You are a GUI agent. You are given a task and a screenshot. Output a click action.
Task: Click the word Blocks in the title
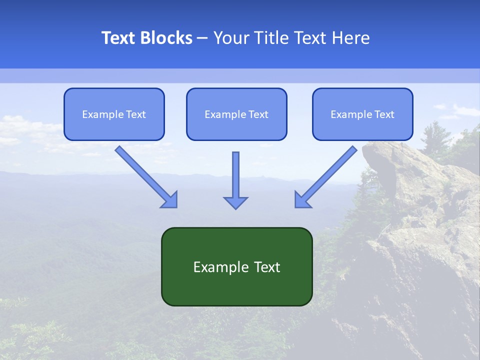point(167,38)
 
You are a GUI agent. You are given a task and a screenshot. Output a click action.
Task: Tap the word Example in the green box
point(214,267)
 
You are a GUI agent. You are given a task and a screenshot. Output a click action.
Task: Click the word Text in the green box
point(267,267)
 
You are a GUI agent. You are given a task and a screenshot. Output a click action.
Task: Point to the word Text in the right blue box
point(384,114)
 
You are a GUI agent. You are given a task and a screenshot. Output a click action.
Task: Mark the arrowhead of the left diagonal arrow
point(170,199)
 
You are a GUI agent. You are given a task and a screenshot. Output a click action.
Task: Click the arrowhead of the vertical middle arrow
point(235,201)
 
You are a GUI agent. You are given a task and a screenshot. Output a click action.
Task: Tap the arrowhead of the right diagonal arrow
point(302,199)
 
